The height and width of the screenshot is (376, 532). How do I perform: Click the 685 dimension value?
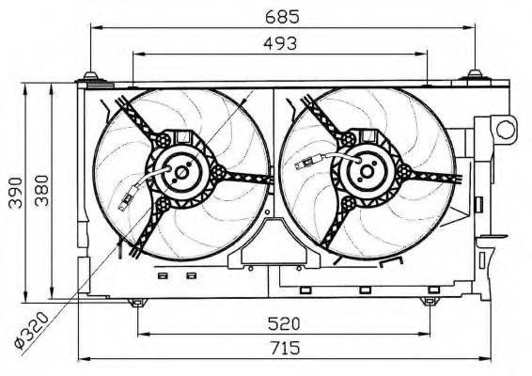[x=282, y=17]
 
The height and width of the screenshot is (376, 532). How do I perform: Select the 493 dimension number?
[x=280, y=43]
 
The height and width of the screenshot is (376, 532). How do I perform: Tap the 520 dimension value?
[x=284, y=323]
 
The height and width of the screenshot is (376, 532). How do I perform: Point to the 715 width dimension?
[x=285, y=348]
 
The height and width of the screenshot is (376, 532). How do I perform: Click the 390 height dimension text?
[x=16, y=193]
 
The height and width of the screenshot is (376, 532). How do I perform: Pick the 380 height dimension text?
[x=42, y=191]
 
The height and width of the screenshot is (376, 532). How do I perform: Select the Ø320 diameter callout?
[x=32, y=331]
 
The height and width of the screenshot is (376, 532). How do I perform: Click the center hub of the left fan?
[x=181, y=173]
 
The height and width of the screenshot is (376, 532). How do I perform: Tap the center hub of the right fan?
[x=367, y=171]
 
